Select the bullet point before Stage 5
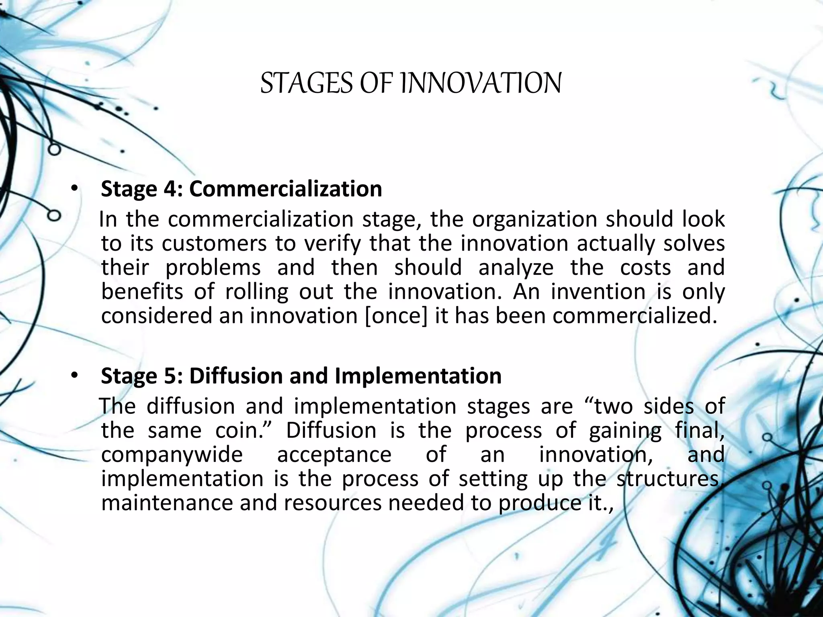click(x=74, y=376)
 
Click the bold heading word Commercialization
click(x=285, y=189)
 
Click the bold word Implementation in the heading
click(x=418, y=376)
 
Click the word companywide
click(x=172, y=455)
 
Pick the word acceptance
click(x=334, y=455)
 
